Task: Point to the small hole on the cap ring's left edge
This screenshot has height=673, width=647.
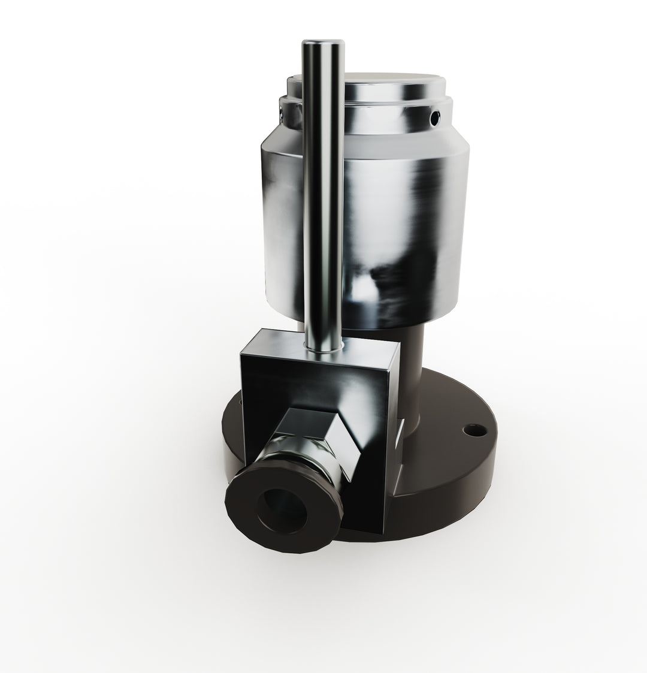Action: pos(282,108)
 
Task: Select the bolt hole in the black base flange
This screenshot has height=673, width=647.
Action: pos(476,430)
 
